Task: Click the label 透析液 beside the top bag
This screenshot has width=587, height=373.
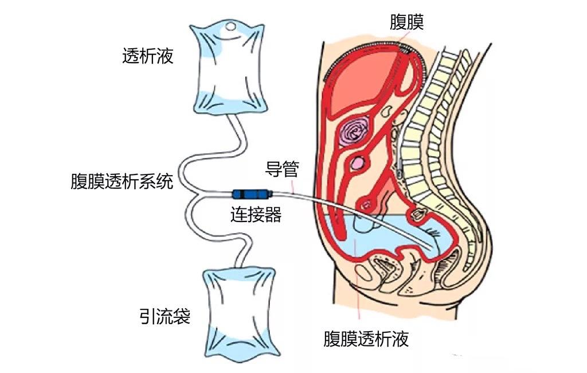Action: tap(147, 56)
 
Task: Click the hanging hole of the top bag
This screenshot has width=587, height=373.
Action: tap(230, 26)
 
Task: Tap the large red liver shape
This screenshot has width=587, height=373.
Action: tap(361, 80)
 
